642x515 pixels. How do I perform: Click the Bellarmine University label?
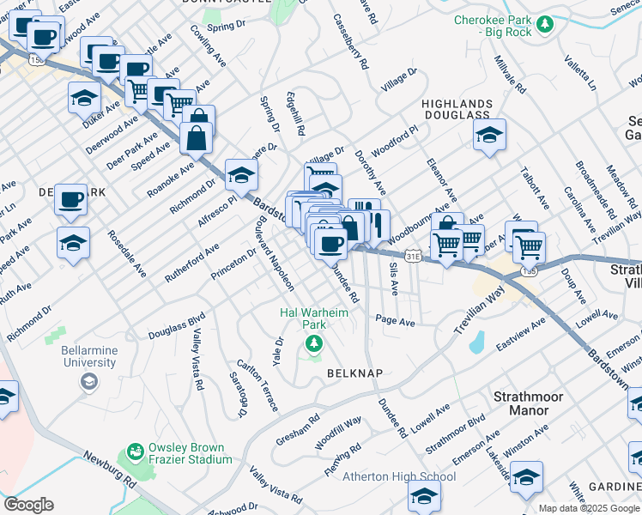coord(88,356)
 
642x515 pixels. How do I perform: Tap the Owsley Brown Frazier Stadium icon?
coord(135,451)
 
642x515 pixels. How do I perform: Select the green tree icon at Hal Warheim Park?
coord(314,344)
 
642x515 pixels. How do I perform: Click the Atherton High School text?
coord(399,477)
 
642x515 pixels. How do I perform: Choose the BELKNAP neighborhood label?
coord(354,373)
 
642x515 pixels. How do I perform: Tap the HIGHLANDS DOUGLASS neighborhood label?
coord(455,108)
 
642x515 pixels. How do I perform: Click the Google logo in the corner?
coord(29,504)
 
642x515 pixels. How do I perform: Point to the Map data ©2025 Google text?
coord(589,508)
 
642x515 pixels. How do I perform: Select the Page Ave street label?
coord(395,322)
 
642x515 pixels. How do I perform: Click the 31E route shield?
coord(413,256)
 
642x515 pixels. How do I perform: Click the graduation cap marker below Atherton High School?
coord(424,495)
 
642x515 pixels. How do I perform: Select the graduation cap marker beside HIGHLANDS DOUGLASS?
coord(489,135)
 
